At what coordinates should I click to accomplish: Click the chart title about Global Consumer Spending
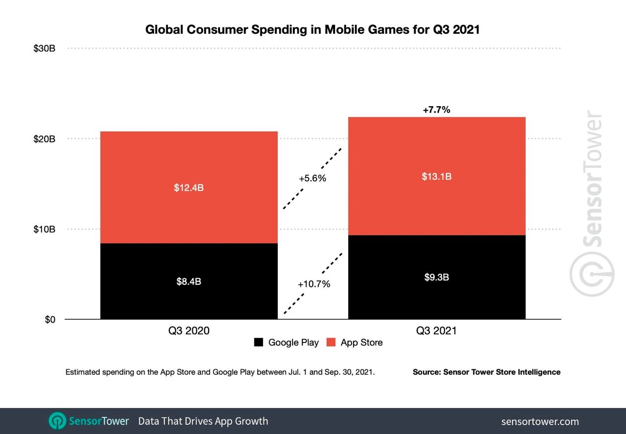tap(313, 29)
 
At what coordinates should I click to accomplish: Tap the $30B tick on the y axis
tap(44, 49)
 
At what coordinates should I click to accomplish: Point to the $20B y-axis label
tap(44, 139)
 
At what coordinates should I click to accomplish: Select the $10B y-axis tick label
tap(44, 229)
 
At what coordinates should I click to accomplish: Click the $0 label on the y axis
tap(50, 320)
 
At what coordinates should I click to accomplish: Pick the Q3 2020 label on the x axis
tap(189, 331)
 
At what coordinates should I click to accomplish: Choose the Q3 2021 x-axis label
tap(436, 331)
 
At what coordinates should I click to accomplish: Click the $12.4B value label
tap(189, 187)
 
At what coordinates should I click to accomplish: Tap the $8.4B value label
tap(189, 281)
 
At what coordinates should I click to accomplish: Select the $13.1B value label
tap(436, 176)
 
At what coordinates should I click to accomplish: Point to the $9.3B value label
tap(436, 277)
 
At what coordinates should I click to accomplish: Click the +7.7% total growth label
tap(436, 110)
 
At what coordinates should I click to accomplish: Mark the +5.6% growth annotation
tap(313, 179)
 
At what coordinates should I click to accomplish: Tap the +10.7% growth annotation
tap(313, 284)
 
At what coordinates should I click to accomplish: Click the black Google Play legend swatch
tap(259, 343)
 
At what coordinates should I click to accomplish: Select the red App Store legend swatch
tap(331, 343)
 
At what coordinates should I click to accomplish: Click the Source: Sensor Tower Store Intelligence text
tap(486, 372)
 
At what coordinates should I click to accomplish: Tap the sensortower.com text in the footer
tap(540, 421)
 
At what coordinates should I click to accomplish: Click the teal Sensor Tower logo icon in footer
tap(57, 421)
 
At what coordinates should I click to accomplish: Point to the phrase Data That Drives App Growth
tap(203, 421)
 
